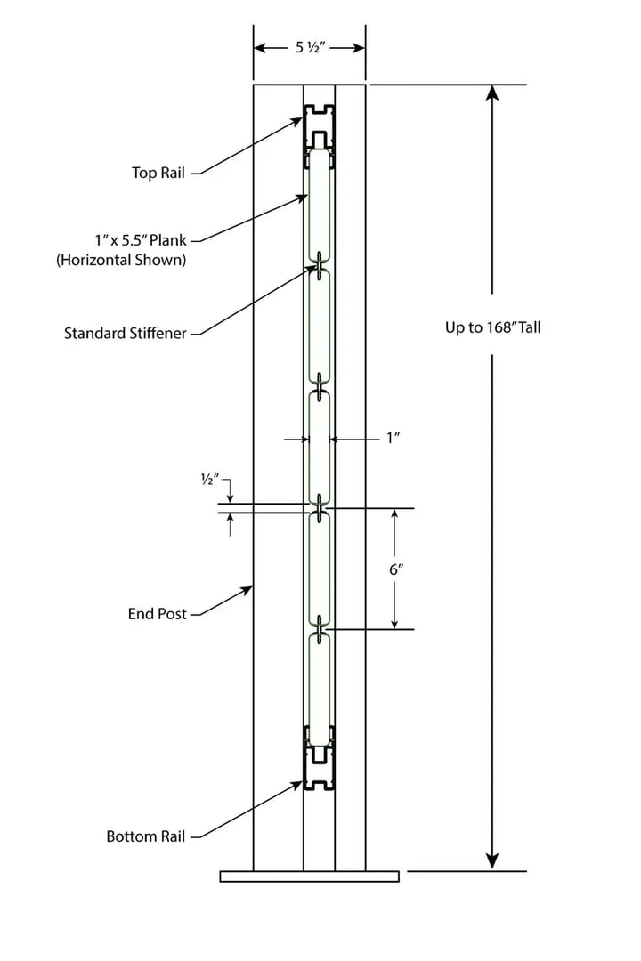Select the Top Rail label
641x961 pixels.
click(158, 173)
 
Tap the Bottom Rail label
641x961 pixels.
click(145, 836)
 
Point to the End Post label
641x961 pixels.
click(158, 614)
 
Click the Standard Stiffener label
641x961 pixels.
click(126, 334)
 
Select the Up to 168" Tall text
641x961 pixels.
click(492, 327)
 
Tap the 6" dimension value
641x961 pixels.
click(396, 569)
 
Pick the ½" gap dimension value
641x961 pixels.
click(210, 480)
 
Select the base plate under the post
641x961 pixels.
click(309, 876)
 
